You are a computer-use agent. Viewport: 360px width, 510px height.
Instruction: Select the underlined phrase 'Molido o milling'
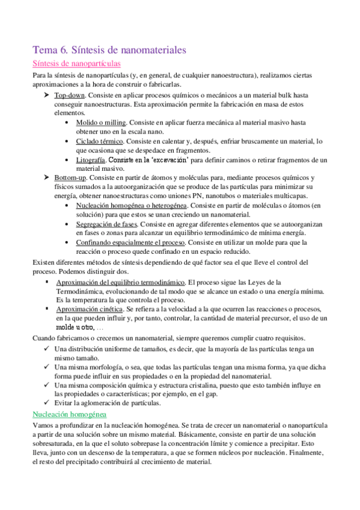point(100,122)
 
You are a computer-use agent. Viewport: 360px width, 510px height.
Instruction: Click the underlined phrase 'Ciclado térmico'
point(100,141)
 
